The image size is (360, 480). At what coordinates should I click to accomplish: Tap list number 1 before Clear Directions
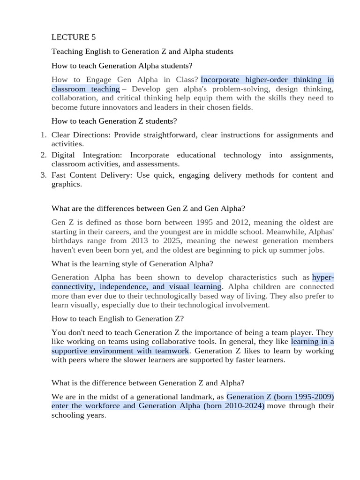pyautogui.click(x=43, y=135)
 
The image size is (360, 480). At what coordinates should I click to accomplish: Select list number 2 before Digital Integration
pyautogui.click(x=43, y=155)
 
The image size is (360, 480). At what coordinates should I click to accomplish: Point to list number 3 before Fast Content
pyautogui.click(x=43, y=175)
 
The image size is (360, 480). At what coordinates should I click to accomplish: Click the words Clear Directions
pyautogui.click(x=80, y=135)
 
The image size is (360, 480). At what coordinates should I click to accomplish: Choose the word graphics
pyautogui.click(x=66, y=184)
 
